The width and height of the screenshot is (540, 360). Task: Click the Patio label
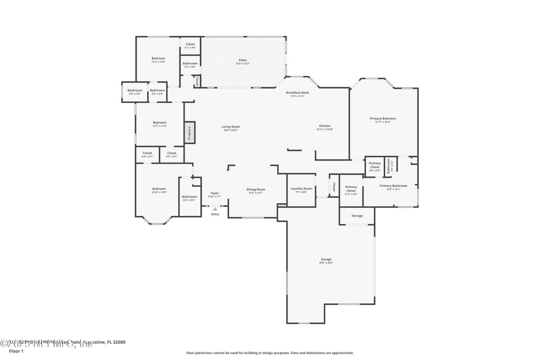pos(242,60)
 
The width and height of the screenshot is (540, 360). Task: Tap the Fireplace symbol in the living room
pos(189,133)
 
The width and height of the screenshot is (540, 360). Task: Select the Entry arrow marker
pos(215,209)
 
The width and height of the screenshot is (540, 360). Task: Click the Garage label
pos(326,259)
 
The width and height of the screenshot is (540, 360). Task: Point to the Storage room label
pos(357,216)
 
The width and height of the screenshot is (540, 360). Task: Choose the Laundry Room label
pos(301,189)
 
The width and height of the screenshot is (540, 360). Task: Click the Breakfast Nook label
pos(297,93)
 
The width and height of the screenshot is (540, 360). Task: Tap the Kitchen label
pos(325,126)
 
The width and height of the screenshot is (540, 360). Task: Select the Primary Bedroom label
pos(382,119)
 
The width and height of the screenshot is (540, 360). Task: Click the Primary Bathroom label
pos(393,186)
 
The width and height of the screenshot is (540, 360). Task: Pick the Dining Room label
pos(256,189)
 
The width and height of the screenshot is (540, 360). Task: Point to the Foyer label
pos(215,193)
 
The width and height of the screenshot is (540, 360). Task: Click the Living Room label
pos(231,127)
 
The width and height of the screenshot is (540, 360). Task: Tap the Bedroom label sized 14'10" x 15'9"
pos(159,189)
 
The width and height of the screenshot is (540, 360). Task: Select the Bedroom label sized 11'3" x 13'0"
pos(158,59)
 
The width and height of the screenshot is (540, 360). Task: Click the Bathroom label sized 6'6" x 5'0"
pos(135,90)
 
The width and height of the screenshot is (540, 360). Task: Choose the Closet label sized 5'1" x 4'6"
pos(190,44)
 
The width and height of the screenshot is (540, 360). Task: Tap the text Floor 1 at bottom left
pos(16,351)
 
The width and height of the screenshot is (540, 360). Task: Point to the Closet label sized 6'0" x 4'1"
pos(147,153)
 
